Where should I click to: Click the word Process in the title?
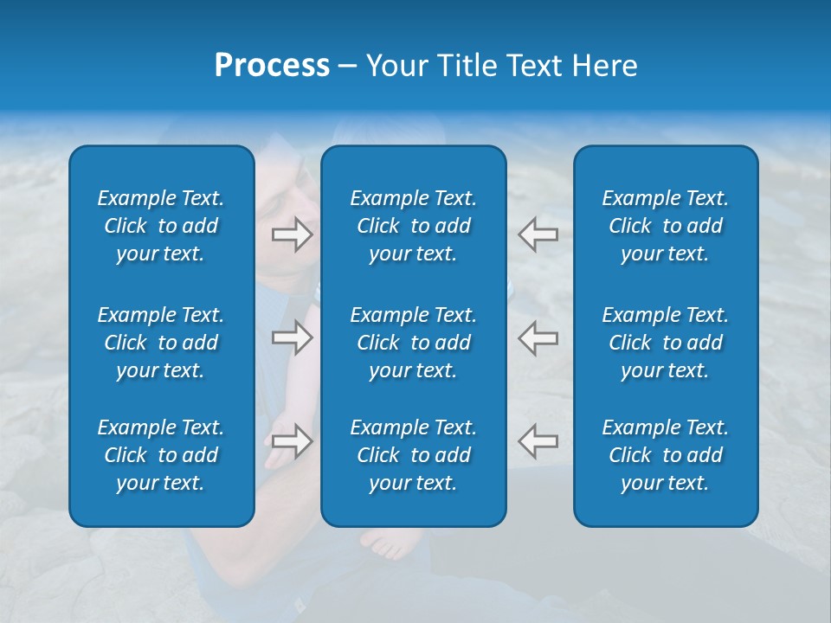[x=272, y=66]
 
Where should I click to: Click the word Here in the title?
[x=605, y=66]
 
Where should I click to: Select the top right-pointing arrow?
[x=292, y=234]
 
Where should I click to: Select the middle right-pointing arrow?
[x=292, y=337]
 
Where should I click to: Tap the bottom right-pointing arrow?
[x=292, y=441]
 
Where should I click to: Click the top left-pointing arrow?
[x=538, y=234]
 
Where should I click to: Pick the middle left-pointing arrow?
[x=538, y=337]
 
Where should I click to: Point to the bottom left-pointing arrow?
[x=538, y=441]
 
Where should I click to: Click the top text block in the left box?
[x=161, y=226]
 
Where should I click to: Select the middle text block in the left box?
[x=161, y=343]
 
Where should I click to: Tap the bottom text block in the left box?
[x=161, y=455]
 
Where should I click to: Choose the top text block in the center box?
[x=414, y=226]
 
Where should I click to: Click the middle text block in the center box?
[x=414, y=343]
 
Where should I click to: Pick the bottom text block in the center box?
[x=414, y=455]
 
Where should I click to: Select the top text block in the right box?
[x=666, y=226]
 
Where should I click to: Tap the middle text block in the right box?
[x=666, y=343]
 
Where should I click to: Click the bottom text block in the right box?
[x=666, y=455]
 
